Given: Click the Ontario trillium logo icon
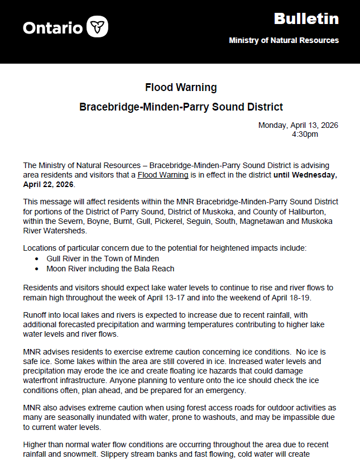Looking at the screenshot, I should (98, 26).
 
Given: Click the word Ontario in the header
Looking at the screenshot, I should (53, 27).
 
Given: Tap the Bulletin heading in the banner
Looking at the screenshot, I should (306, 19).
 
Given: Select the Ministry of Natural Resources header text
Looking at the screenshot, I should (284, 41).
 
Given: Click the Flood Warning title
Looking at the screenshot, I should (181, 88).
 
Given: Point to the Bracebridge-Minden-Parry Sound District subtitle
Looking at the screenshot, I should (181, 107).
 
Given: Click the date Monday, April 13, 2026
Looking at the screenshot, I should (298, 125).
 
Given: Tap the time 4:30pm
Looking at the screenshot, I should (305, 134).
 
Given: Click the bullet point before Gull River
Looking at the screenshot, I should (36, 259).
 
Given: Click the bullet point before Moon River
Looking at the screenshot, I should (36, 269).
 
